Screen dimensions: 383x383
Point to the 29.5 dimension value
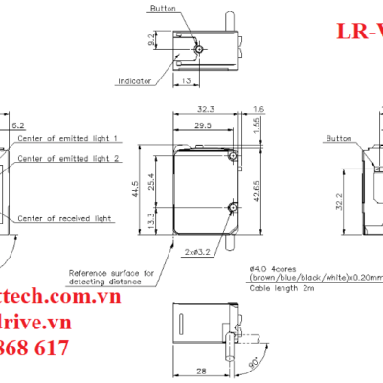202,126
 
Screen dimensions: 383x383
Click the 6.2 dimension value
18,125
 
